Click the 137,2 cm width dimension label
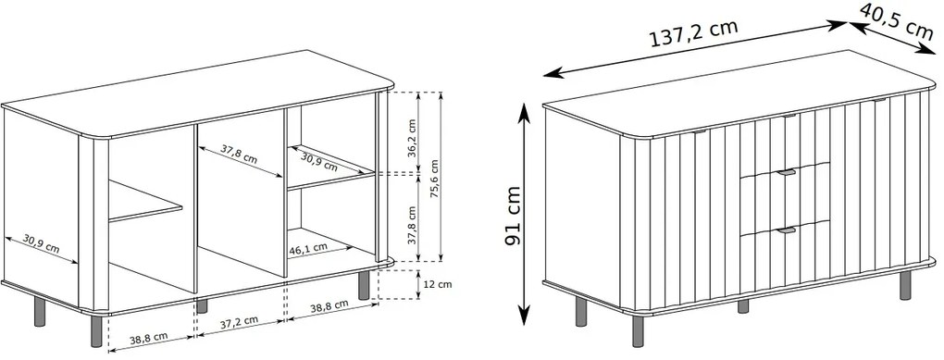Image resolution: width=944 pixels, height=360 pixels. click(x=693, y=35)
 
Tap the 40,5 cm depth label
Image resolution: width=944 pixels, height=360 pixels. click(x=896, y=22)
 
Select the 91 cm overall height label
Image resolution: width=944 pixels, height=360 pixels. click(x=513, y=216)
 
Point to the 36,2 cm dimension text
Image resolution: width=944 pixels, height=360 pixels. click(x=412, y=138)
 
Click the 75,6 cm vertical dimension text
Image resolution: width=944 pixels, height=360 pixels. click(x=435, y=179)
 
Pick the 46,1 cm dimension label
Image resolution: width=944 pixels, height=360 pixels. click(x=307, y=247)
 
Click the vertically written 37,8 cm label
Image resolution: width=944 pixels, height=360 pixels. click(x=412, y=225)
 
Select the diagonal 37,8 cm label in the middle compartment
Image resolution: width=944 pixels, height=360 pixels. click(x=238, y=155)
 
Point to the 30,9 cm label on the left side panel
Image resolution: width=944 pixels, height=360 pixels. click(x=41, y=243)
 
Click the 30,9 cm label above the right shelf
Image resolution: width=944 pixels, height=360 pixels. click(x=319, y=161)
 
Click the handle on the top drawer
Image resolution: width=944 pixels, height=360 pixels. click(x=789, y=116)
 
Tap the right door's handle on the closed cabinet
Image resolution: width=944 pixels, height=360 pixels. click(x=881, y=100)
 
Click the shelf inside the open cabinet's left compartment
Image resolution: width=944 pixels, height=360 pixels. click(x=145, y=202)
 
